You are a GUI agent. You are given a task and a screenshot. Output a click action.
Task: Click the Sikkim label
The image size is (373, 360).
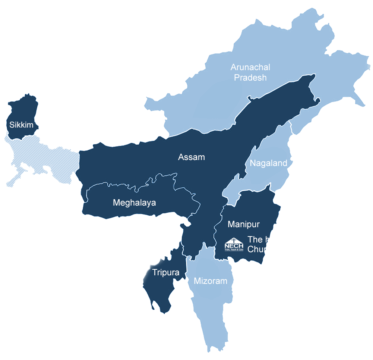click(21, 125)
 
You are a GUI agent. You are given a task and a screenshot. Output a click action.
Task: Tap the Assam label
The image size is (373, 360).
click(192, 157)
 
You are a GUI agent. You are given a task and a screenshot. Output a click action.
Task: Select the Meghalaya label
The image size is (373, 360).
click(134, 203)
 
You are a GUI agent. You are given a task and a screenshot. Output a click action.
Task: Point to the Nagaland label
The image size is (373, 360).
click(268, 163)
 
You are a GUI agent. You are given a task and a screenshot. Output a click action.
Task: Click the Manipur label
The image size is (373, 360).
click(243, 224)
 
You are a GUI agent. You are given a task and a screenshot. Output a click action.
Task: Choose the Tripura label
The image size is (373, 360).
click(166, 272)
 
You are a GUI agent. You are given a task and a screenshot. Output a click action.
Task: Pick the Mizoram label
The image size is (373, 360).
click(210, 281)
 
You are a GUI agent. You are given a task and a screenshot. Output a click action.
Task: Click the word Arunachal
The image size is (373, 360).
click(250, 68)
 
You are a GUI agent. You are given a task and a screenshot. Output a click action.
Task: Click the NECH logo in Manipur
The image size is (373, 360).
click(234, 245)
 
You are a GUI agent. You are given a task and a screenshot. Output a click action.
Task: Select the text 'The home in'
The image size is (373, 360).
click(272, 240)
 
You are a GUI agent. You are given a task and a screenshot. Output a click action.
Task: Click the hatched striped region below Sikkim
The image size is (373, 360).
click(41, 157)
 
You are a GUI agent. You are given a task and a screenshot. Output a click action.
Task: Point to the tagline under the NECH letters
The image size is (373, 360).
click(234, 249)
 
